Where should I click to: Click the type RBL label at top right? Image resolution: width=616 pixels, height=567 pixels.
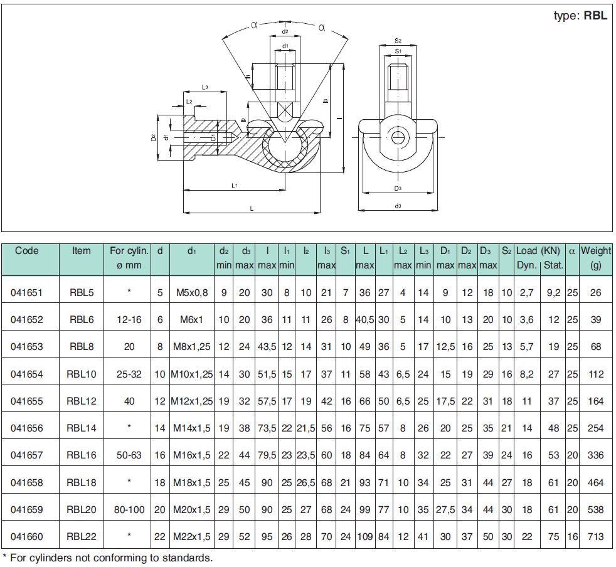pyautogui.click(x=580, y=16)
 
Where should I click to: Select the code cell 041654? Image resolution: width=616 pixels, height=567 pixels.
pyautogui.click(x=27, y=374)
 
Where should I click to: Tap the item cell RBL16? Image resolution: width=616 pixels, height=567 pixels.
pyautogui.click(x=82, y=455)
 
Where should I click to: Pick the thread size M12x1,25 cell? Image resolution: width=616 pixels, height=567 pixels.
pyautogui.click(x=192, y=401)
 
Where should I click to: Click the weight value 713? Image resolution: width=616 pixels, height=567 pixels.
pyautogui.click(x=595, y=536)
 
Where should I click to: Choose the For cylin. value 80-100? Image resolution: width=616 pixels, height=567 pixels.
pyautogui.click(x=129, y=510)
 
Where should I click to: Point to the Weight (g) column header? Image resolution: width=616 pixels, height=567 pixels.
pyautogui.click(x=596, y=258)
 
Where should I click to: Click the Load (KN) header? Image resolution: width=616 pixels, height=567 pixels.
pyautogui.click(x=538, y=251)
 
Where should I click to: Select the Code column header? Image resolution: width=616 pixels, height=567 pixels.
pyautogui.click(x=27, y=251)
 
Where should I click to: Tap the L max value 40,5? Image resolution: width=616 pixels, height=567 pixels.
pyautogui.click(x=365, y=320)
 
